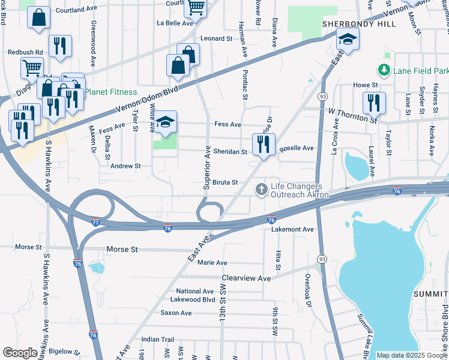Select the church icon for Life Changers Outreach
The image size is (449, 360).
click(261, 190)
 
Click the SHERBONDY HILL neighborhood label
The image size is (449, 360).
click(359, 23)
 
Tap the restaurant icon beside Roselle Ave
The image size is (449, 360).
click(263, 144)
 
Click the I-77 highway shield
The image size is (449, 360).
click(96, 222)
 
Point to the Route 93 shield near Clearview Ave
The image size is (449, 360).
click(322, 258)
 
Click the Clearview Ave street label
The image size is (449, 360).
click(246, 278)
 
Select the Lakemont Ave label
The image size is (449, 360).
click(292, 229)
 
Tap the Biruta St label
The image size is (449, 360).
click(226, 182)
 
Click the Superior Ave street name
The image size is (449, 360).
click(207, 171)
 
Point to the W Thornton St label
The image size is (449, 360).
click(352, 115)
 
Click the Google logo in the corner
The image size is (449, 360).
click(20, 353)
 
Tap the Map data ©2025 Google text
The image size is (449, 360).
click(411, 355)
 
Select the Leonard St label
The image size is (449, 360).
click(216, 38)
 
